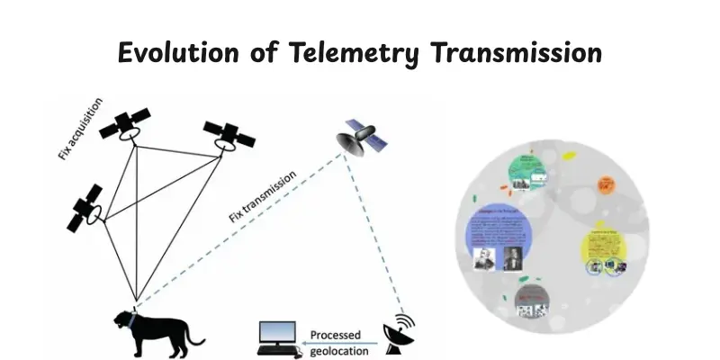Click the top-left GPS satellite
pos(126,126)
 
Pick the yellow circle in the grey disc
pos(604,247)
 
